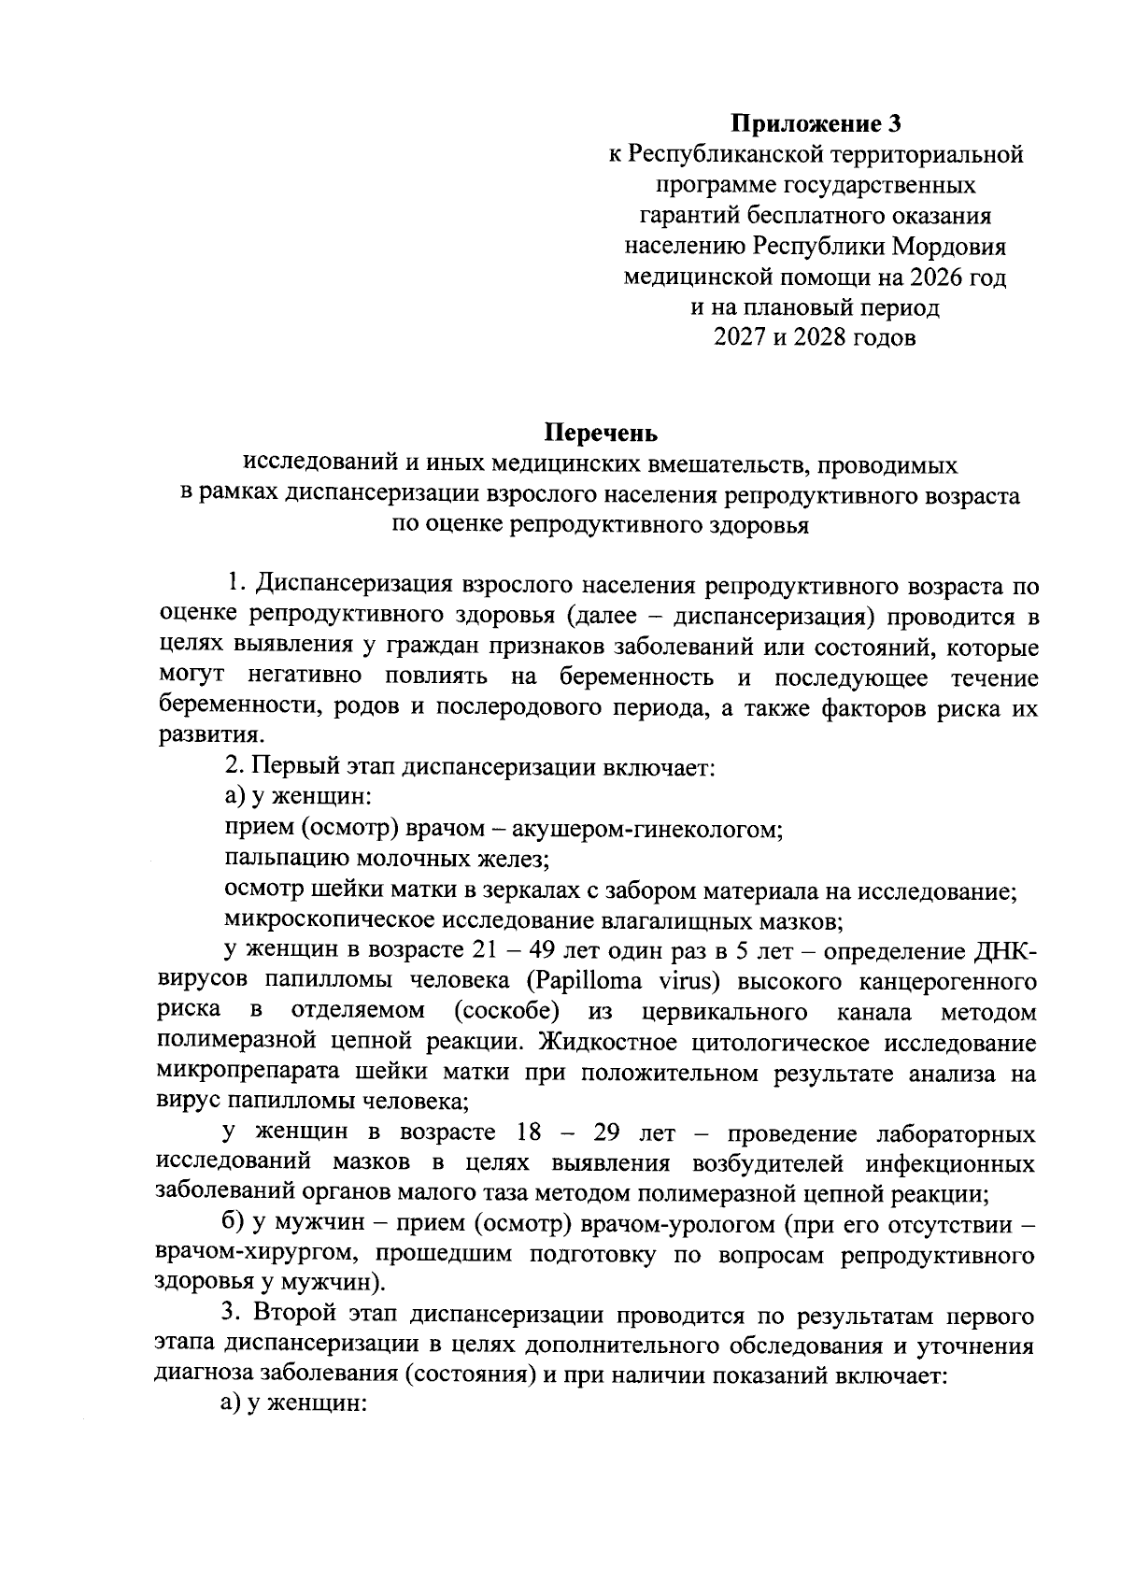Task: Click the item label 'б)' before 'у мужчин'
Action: [234, 1224]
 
